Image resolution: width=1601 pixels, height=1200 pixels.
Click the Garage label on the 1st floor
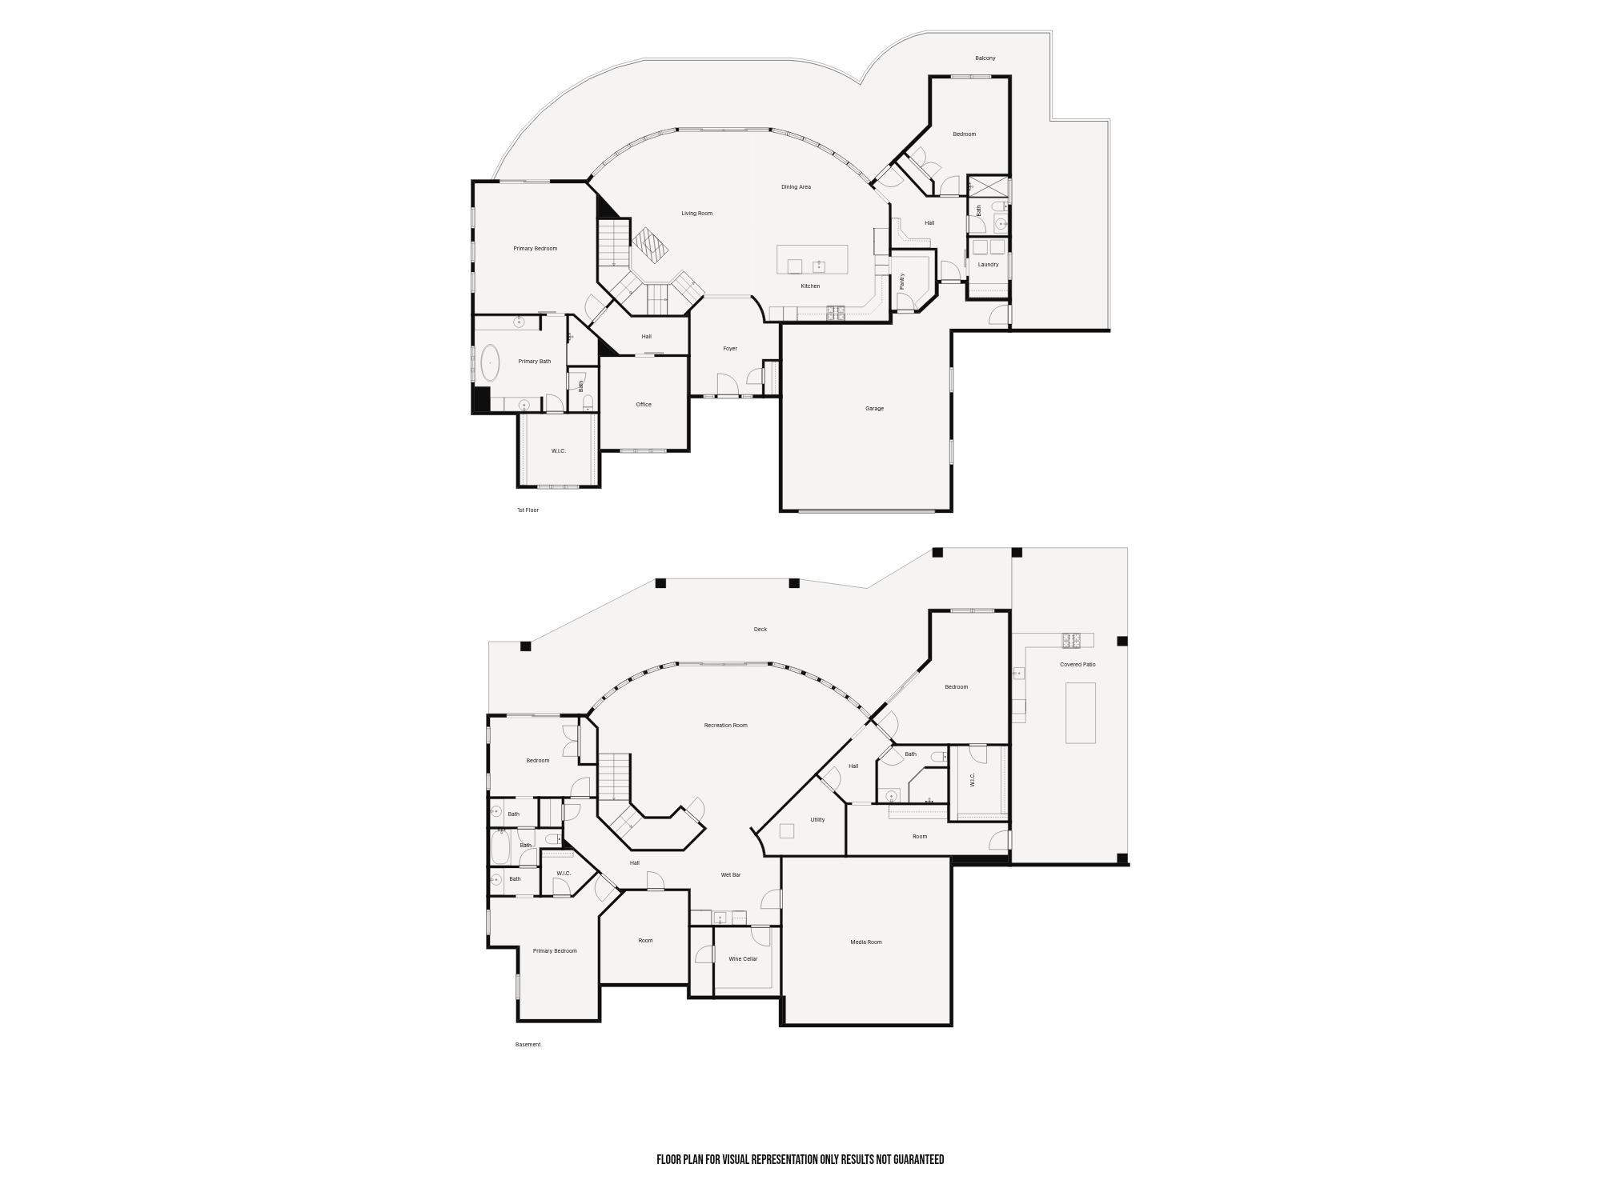(x=874, y=409)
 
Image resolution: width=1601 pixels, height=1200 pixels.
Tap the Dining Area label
(x=796, y=187)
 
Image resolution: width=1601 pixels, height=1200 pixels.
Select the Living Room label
(x=696, y=214)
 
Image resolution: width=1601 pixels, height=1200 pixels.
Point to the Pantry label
(x=902, y=281)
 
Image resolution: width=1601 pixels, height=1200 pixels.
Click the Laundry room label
(x=988, y=265)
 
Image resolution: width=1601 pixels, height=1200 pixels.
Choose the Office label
(x=644, y=405)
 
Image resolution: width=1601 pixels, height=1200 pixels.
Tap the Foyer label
(x=730, y=349)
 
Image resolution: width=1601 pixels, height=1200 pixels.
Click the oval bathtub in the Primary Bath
(x=489, y=362)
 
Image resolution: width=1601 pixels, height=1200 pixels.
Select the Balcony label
(x=985, y=58)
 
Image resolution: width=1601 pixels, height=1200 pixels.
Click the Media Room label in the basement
(x=866, y=942)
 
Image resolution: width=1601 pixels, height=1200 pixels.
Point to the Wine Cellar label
(x=743, y=959)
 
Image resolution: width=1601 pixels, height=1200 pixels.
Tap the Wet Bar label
(x=731, y=875)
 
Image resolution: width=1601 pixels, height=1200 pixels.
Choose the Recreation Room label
(x=726, y=726)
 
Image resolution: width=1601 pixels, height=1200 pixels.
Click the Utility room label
(x=817, y=820)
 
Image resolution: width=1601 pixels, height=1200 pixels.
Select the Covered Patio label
(x=1077, y=665)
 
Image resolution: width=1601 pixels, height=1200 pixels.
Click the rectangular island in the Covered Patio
(x=1081, y=713)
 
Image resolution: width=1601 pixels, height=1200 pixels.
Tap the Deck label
(x=760, y=630)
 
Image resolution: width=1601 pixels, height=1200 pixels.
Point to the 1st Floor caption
(x=528, y=510)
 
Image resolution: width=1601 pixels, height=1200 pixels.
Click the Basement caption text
(x=528, y=1045)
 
